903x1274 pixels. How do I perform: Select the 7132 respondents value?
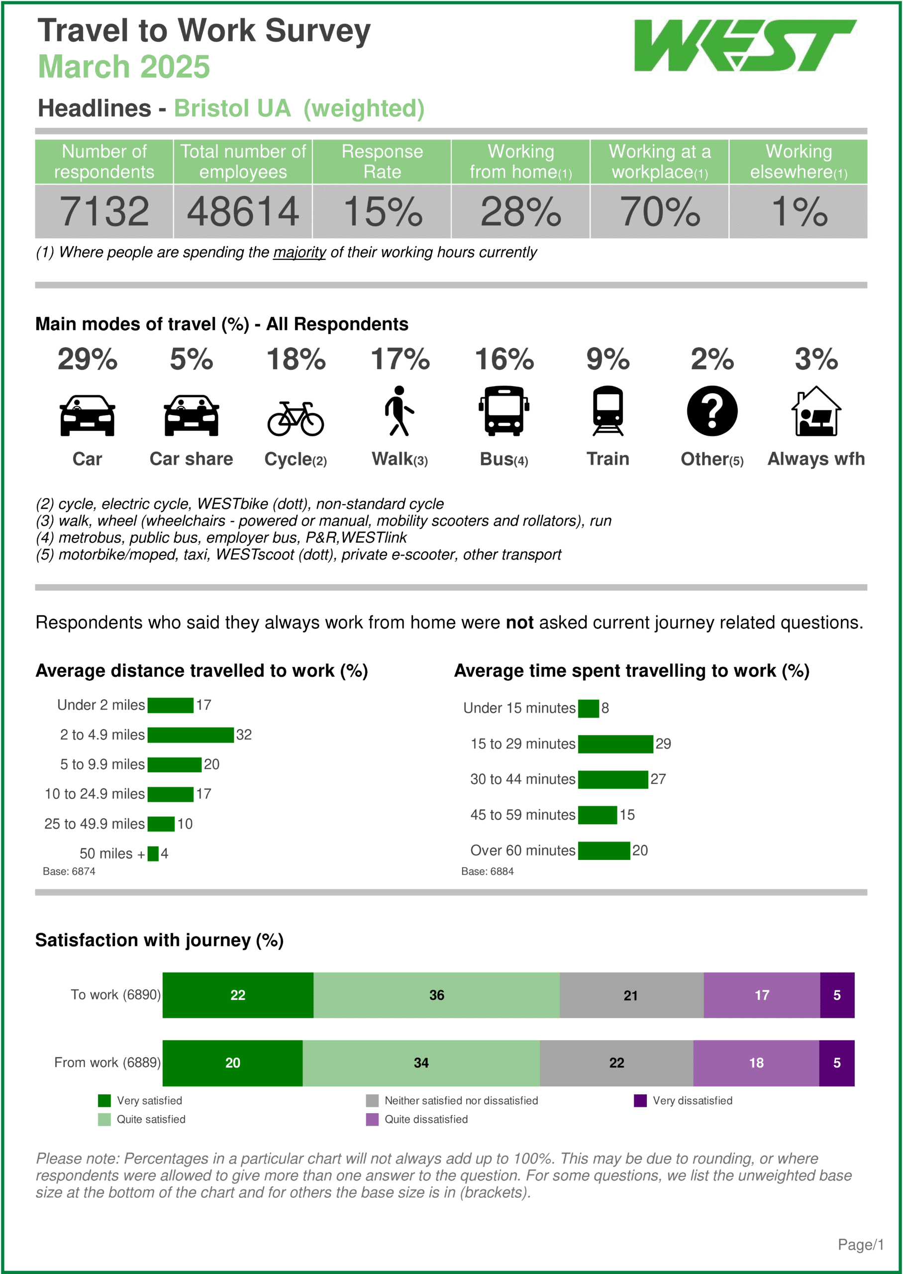coord(104,212)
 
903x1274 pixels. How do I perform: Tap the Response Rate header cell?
coord(382,161)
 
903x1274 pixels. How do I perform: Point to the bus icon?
coord(504,411)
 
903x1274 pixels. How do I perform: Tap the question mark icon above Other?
coord(712,411)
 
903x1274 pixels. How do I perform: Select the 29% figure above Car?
coord(87,359)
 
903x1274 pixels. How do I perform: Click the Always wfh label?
coord(816,459)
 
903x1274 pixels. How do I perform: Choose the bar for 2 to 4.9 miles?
coord(190,735)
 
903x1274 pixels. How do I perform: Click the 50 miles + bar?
coord(153,853)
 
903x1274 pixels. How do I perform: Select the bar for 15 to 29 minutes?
coord(615,743)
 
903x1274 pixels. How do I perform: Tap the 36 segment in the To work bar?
coord(436,995)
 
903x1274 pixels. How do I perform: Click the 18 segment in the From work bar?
coord(756,1062)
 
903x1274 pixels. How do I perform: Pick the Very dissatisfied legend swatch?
coord(640,1100)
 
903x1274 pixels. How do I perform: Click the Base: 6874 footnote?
coord(69,871)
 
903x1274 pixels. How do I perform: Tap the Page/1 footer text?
coord(860,1245)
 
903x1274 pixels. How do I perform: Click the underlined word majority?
coord(299,252)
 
